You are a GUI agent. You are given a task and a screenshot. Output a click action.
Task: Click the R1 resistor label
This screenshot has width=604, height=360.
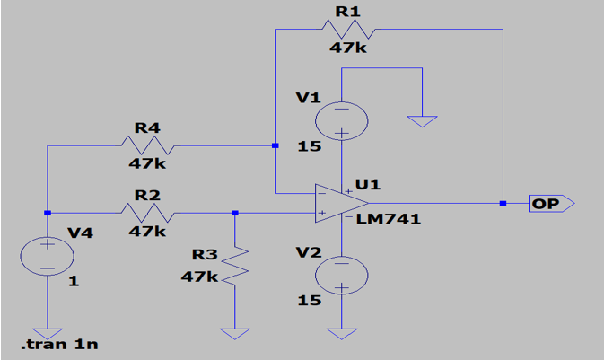click(346, 11)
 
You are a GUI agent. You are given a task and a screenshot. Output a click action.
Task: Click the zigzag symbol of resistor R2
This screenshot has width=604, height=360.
click(147, 213)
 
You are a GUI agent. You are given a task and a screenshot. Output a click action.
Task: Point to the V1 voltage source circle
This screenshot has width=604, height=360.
click(342, 119)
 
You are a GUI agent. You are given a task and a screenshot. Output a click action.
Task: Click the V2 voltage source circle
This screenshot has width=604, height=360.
click(342, 275)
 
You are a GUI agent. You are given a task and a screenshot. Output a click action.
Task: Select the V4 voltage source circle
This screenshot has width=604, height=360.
click(47, 256)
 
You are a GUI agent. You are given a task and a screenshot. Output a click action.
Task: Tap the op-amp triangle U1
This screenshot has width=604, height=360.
click(335, 203)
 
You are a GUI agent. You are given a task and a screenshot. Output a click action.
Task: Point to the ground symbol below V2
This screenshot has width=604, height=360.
click(342, 333)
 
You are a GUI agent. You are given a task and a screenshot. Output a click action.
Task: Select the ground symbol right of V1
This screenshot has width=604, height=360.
click(421, 120)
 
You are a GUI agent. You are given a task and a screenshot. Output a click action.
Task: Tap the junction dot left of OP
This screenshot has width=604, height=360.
click(503, 204)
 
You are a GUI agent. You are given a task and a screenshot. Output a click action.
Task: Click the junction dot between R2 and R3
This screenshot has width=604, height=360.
click(234, 213)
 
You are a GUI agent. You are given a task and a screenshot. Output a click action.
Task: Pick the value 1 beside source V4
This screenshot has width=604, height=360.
click(74, 281)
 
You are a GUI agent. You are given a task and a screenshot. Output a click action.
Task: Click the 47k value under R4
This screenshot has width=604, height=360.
click(147, 164)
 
